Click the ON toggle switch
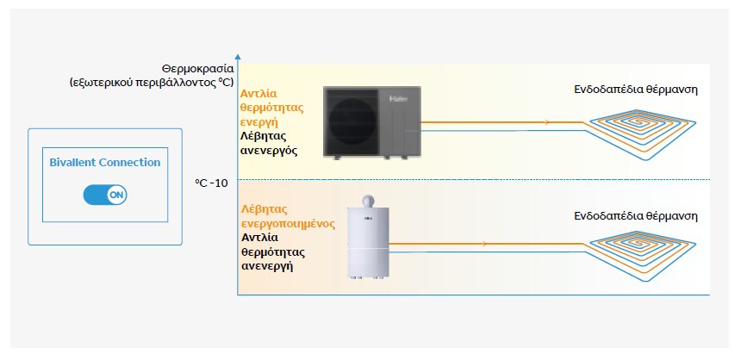point(105,195)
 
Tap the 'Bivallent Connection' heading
point(105,163)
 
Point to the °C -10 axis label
point(211,183)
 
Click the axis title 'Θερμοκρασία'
point(197,70)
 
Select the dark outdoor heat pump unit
point(372,123)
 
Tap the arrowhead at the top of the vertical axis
point(238,56)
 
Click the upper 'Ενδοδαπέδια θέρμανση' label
point(636,90)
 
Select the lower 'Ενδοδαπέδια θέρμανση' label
point(636,216)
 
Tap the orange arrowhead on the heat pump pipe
point(546,122)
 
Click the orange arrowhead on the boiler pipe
point(484,244)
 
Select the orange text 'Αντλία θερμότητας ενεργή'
point(272,108)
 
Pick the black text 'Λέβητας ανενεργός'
point(269,144)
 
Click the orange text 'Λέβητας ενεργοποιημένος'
point(288,216)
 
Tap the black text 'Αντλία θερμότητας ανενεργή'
point(272,252)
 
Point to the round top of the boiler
point(368,202)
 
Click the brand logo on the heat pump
point(398,99)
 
